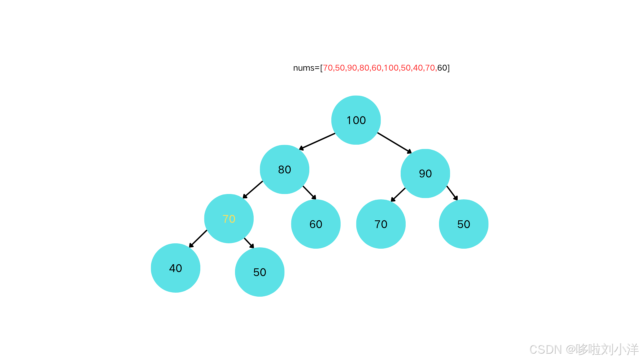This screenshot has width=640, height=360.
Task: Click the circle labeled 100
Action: tap(356, 120)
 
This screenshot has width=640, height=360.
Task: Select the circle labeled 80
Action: tap(284, 169)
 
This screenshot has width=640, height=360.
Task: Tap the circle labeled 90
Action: tap(425, 173)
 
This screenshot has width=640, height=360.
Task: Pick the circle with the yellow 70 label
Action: tap(229, 219)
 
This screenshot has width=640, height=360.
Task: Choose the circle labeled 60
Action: tap(316, 224)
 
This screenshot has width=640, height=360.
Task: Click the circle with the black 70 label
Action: tap(381, 224)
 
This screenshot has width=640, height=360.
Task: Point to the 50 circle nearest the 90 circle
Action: tap(464, 224)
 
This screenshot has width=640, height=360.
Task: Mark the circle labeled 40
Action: tap(175, 268)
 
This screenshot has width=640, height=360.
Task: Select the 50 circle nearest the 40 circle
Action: tap(260, 272)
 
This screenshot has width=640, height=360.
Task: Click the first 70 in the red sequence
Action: tap(328, 68)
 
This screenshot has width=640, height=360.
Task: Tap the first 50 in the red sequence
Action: tap(340, 68)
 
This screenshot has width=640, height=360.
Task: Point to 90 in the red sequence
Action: tap(352, 68)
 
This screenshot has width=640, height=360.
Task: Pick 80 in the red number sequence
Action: tap(364, 68)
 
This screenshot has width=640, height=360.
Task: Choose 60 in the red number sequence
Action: tap(376, 68)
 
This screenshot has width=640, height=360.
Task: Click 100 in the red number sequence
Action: tap(391, 68)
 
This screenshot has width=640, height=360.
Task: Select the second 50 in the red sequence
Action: tap(406, 68)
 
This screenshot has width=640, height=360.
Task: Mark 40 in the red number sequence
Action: tap(418, 68)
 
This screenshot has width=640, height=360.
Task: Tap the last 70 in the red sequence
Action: tap(430, 68)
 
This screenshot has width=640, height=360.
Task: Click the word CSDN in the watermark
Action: tap(545, 349)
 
